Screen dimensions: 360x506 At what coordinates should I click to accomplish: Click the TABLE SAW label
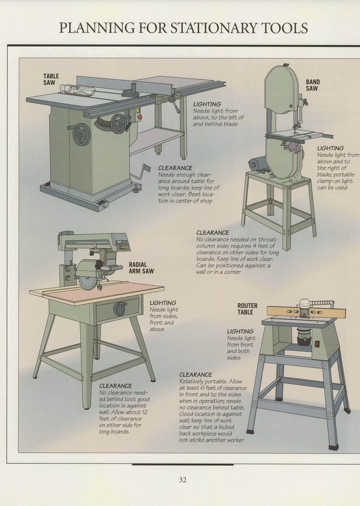coord(51,79)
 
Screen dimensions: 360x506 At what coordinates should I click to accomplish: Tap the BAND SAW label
coord(313,85)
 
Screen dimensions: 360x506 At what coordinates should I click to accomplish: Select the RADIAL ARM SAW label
coord(141,268)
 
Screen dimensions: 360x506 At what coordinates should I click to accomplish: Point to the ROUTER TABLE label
coord(248,309)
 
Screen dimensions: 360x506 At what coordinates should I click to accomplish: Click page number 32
coord(182,480)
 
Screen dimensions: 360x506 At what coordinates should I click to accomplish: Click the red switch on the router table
coord(317,344)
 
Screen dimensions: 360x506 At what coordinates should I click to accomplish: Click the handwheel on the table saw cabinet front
coord(81,134)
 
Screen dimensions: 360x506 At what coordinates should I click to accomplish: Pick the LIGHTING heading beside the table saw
coord(207,104)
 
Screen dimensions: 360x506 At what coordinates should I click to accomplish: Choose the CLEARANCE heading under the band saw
coord(213,232)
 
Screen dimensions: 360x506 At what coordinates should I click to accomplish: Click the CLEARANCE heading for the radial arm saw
coord(115,386)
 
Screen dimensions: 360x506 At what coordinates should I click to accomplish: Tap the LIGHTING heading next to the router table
coord(240,331)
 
